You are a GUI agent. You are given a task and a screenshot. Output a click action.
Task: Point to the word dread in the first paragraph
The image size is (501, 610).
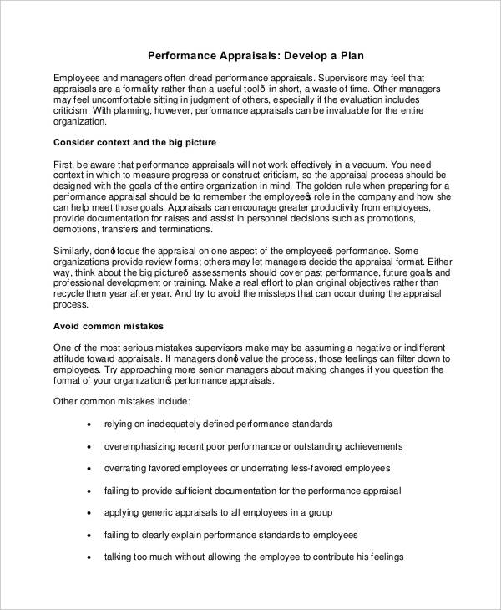(x=196, y=75)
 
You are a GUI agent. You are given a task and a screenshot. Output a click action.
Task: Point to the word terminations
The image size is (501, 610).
(x=187, y=231)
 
